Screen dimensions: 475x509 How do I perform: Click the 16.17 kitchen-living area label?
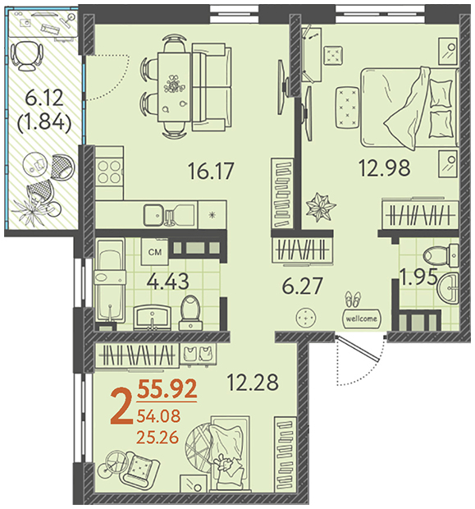tap(211, 171)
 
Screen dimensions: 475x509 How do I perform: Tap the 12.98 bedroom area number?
tap(385, 167)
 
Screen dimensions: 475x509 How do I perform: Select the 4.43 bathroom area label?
tap(167, 281)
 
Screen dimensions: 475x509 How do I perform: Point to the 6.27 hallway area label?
tap(303, 286)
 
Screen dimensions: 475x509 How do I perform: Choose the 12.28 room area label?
tap(253, 382)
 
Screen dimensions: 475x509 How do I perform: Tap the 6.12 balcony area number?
tap(44, 98)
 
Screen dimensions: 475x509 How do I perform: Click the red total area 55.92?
tap(167, 388)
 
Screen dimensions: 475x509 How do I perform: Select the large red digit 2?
tap(121, 406)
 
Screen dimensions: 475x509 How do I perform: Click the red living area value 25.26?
tap(158, 438)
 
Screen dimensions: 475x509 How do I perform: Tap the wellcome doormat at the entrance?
tap(362, 319)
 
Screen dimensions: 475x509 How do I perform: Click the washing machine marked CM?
tap(155, 252)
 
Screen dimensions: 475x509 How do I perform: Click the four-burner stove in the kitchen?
tap(109, 172)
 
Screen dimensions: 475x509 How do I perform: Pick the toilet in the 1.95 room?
tap(441, 255)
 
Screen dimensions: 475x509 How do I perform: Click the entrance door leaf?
tap(358, 349)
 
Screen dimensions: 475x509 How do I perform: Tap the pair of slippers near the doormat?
tap(353, 298)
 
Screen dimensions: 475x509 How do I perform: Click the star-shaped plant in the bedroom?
tap(321, 207)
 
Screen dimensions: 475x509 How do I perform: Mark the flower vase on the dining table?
tap(174, 84)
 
